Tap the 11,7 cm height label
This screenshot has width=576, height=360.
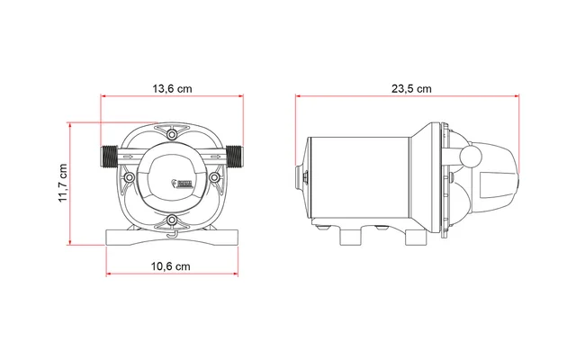coord(63,184)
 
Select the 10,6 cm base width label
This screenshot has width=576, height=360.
coord(170,267)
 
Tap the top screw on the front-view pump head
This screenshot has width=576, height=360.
coord(171,136)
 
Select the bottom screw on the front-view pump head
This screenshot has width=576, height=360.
coord(171,220)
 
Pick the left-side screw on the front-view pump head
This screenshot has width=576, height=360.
coord(130,177)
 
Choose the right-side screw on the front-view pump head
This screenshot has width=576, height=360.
coord(213,177)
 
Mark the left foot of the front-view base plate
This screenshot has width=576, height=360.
coord(118,238)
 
